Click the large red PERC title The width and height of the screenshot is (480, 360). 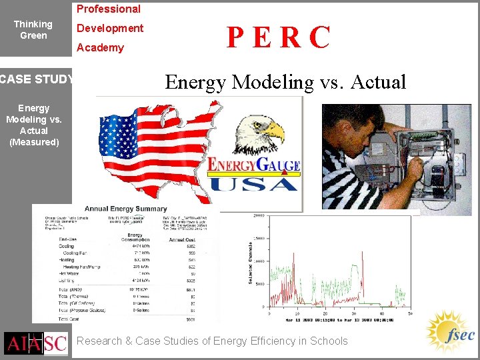click(x=278, y=38)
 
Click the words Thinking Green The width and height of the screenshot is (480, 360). click(x=33, y=29)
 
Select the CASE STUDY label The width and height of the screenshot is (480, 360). click(x=37, y=80)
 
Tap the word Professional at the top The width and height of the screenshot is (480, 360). click(x=109, y=9)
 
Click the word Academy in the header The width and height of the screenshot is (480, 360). click(x=100, y=48)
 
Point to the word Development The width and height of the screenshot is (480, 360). click(x=110, y=29)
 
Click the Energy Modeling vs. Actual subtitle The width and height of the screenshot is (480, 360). click(x=285, y=82)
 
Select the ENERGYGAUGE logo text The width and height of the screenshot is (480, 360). click(x=254, y=165)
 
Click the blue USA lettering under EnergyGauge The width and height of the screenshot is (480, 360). click(x=254, y=181)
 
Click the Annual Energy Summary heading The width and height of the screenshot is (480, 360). click(x=125, y=209)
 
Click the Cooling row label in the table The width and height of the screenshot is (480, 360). click(x=67, y=246)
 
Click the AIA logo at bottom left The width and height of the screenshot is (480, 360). click(x=23, y=343)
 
